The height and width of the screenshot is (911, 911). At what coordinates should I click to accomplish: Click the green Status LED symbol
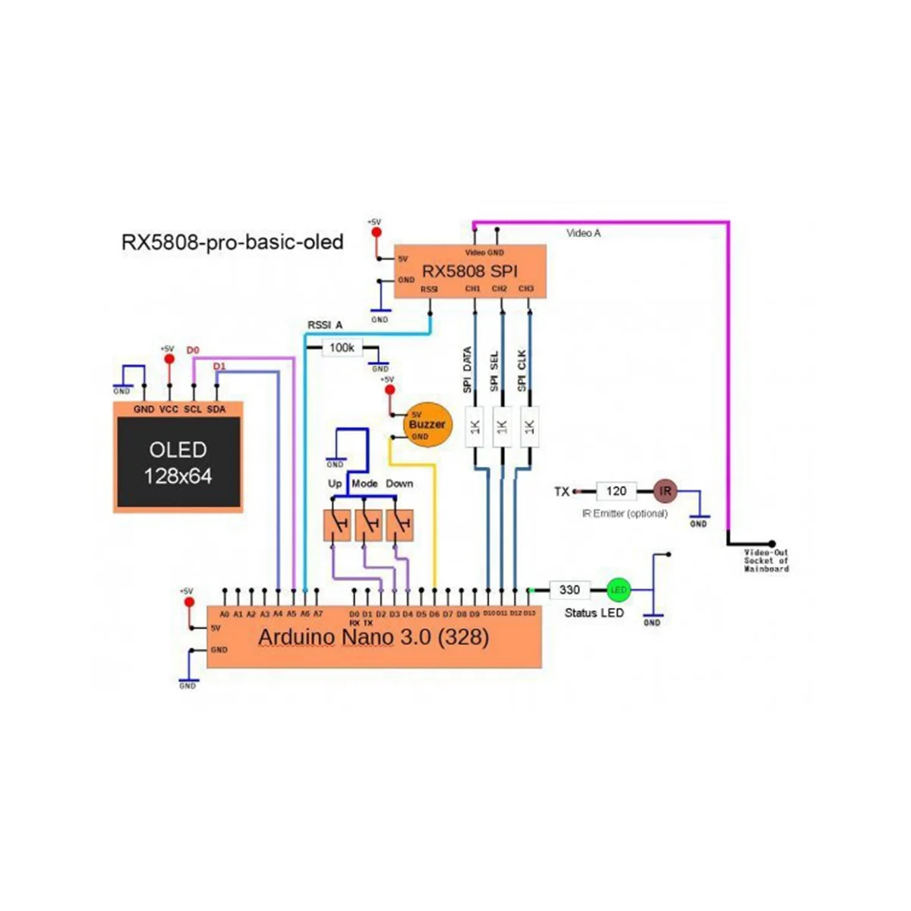(x=619, y=590)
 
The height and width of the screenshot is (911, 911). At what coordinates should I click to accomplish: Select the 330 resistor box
(x=569, y=590)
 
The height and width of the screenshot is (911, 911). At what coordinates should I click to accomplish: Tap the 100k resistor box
(x=342, y=348)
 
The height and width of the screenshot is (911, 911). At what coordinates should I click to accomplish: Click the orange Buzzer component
(x=428, y=425)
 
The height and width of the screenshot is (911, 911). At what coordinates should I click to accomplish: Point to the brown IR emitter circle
(x=665, y=491)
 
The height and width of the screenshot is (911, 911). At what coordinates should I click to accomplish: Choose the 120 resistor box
(x=616, y=491)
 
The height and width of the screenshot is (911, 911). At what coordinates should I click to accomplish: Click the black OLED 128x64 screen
(x=178, y=462)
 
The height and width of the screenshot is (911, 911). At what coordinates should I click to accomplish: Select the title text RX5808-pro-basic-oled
(x=232, y=242)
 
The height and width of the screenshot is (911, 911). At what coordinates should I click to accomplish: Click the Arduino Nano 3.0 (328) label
(x=374, y=636)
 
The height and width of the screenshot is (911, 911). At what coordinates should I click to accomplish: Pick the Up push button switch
(x=338, y=525)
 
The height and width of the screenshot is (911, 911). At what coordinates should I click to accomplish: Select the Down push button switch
(x=400, y=525)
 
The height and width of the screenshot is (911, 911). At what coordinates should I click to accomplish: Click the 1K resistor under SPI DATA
(x=475, y=427)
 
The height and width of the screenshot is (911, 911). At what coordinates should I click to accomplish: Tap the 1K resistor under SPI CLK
(x=529, y=427)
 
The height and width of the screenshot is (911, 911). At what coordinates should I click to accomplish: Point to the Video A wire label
(x=583, y=233)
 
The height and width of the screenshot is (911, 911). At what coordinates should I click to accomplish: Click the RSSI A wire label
(x=325, y=325)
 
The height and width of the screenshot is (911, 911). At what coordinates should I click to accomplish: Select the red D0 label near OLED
(x=193, y=350)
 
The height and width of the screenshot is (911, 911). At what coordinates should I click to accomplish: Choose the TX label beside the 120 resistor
(x=562, y=492)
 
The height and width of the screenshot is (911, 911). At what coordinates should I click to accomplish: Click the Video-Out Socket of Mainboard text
(x=766, y=560)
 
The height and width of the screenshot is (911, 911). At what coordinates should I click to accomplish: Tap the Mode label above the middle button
(x=364, y=484)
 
